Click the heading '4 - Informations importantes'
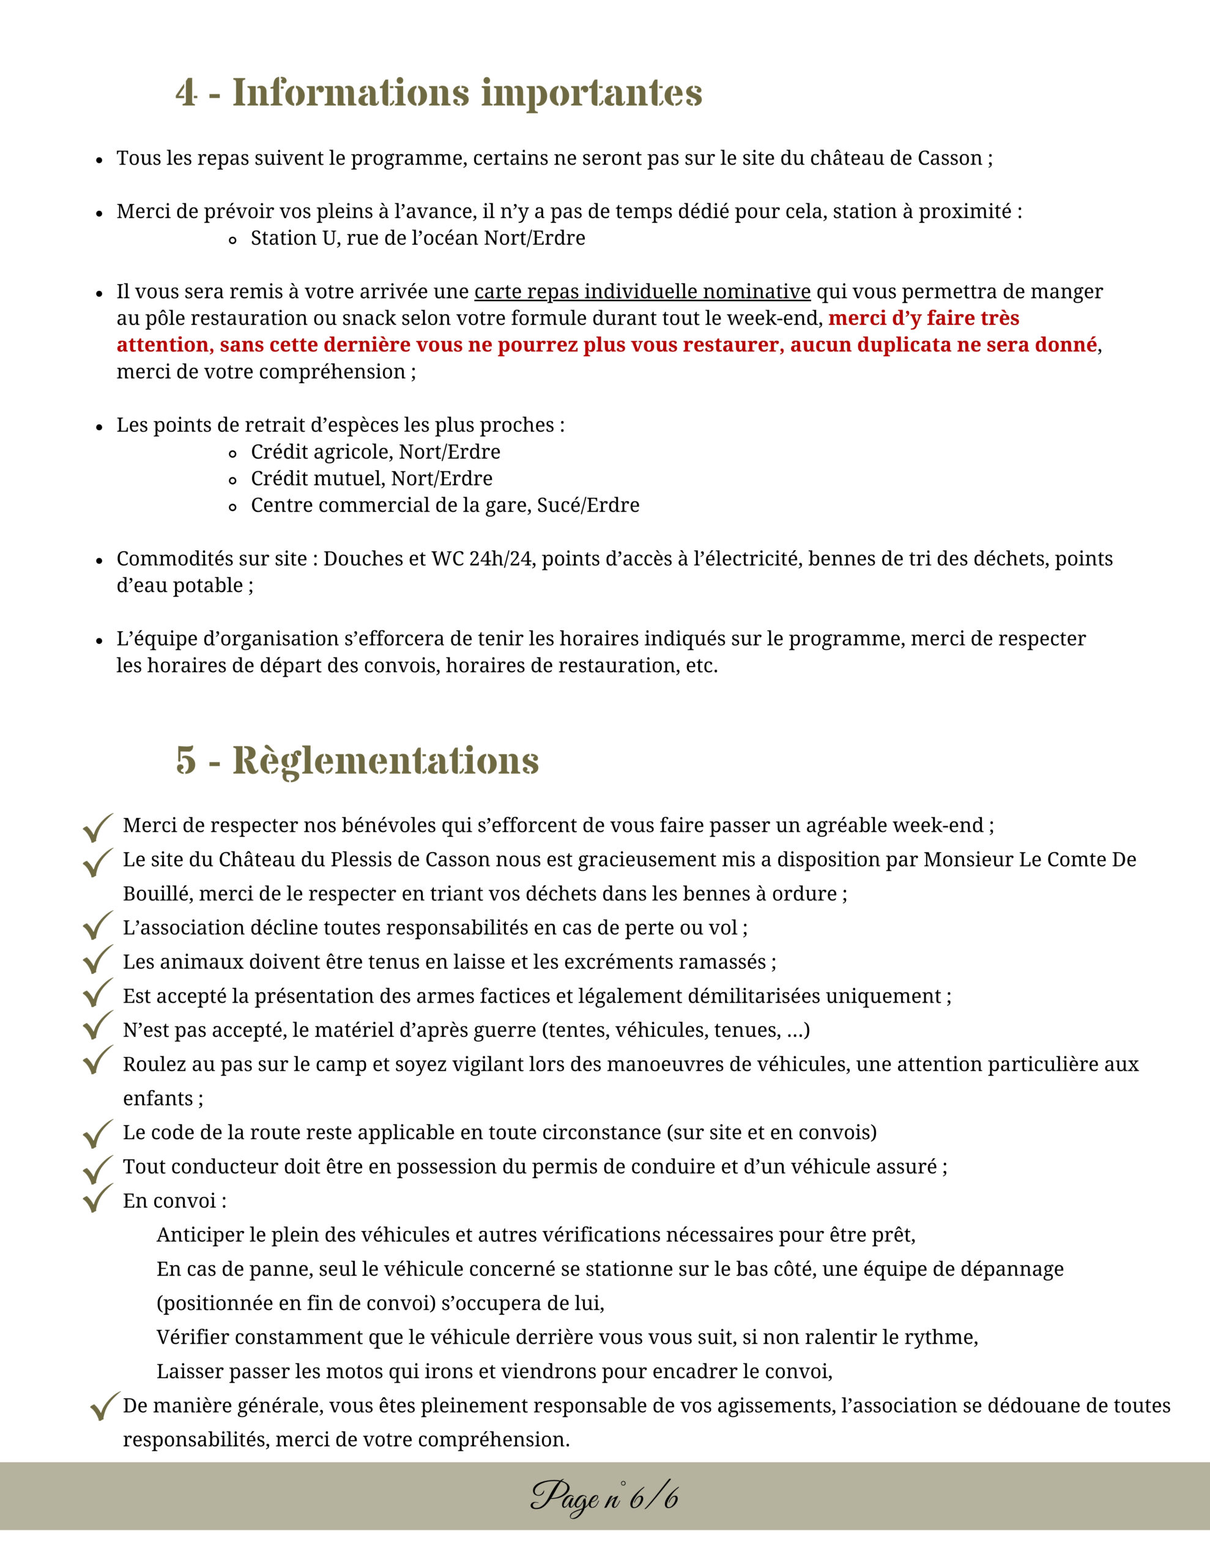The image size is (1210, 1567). [x=438, y=93]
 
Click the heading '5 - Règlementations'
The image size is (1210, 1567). [x=357, y=760]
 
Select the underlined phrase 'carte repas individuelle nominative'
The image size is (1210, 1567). [x=642, y=292]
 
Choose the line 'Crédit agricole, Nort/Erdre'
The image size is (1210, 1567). [x=375, y=452]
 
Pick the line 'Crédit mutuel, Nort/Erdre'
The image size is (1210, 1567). [x=371, y=479]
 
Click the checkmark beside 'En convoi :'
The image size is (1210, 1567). [x=97, y=1199]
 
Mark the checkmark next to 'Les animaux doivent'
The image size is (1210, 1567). [x=97, y=960]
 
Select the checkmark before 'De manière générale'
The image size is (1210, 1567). [x=105, y=1405]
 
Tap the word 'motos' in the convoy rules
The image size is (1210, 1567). [x=354, y=1372]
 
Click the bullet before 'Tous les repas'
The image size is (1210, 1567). [x=100, y=160]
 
